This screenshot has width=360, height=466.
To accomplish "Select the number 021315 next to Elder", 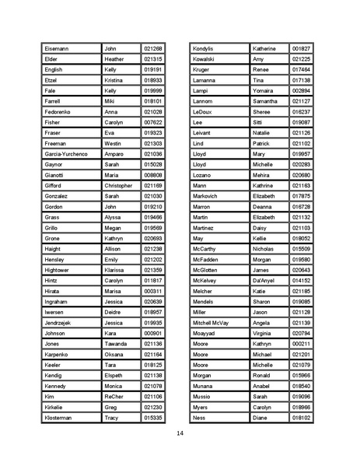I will (153, 59).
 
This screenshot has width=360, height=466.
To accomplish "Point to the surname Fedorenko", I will (61, 112).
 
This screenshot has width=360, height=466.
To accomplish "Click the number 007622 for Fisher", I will (153, 123).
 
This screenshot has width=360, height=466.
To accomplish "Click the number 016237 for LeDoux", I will (301, 112).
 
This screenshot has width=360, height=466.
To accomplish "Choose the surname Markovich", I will (208, 197).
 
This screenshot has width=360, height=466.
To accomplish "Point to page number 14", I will (180, 433).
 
